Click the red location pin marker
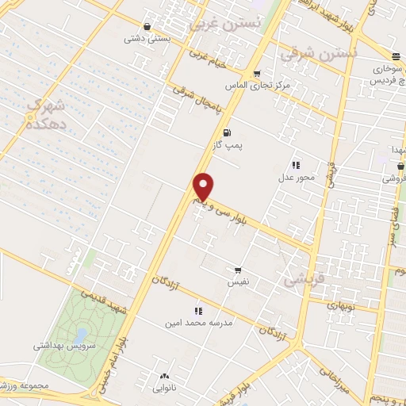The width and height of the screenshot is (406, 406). tap(204, 187)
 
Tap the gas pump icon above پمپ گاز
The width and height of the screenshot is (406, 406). tap(228, 132)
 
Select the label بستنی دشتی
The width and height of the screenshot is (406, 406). tap(144, 37)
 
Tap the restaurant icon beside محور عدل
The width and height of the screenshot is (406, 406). tap(296, 164)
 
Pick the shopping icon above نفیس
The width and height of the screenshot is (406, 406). tap(237, 270)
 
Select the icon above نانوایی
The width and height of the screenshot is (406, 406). tap(165, 377)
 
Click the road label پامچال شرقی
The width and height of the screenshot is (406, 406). tap(201, 98)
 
